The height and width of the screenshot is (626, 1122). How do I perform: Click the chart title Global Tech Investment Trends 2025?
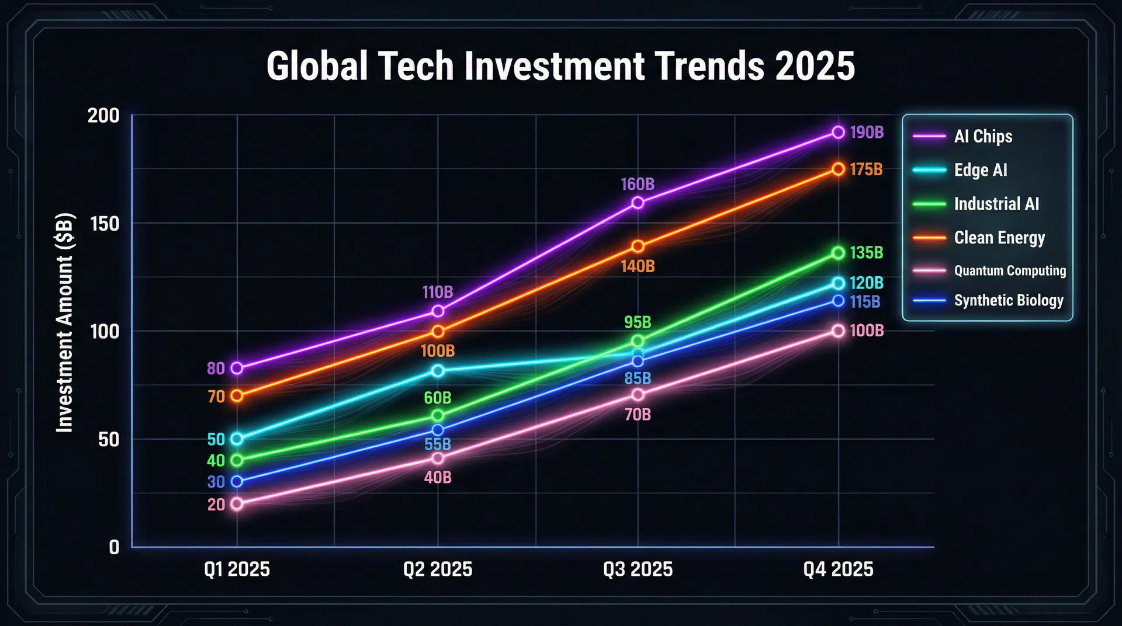coord(560,65)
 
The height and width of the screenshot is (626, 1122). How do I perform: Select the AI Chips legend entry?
coord(983,137)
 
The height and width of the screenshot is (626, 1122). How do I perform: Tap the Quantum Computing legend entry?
coord(1010,271)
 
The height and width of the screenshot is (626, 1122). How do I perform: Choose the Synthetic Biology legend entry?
coord(1009,301)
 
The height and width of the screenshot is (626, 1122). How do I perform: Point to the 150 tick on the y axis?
coord(105,224)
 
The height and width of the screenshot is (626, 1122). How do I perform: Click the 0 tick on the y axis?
coord(114,548)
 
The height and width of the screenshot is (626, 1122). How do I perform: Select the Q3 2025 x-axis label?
coord(638,569)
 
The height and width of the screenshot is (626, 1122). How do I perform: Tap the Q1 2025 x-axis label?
coord(237,569)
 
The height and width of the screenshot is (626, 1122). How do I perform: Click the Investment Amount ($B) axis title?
coord(65,324)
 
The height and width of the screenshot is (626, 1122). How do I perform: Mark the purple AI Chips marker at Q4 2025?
coord(838,133)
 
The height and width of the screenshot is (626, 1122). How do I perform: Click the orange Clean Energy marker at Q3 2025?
coord(638,246)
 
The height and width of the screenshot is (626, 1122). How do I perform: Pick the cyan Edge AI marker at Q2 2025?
coord(438,370)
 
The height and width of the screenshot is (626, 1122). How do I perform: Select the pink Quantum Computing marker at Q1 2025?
coord(237,504)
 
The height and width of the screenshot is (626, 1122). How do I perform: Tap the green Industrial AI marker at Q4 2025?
coord(838,253)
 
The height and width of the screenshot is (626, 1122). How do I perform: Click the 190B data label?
coord(866,133)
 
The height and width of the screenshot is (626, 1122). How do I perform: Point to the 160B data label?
coord(637,185)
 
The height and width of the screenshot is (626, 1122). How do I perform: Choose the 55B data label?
coord(437,444)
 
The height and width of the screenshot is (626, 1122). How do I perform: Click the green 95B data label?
coord(637,322)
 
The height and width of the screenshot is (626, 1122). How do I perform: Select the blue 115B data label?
coord(865,302)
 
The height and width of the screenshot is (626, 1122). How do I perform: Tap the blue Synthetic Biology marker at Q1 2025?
coord(237,482)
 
